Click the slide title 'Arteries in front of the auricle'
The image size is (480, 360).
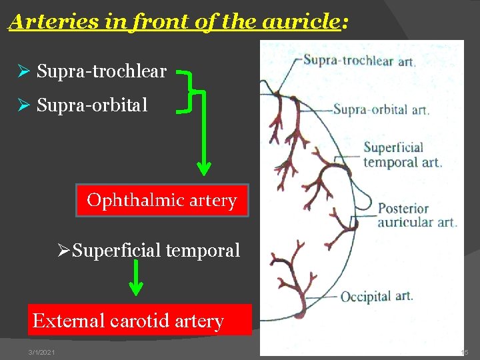(177, 22)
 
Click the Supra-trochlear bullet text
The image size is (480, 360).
(101, 71)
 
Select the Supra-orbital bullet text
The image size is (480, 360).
(92, 105)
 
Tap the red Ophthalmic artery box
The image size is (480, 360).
(162, 200)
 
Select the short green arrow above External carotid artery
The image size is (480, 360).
(135, 277)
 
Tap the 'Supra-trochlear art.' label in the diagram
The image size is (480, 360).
(359, 61)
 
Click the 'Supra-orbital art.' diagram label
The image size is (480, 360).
(381, 109)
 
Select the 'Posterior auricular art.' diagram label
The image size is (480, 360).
(417, 215)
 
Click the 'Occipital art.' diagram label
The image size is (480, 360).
(376, 296)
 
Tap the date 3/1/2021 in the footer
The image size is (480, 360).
(41, 352)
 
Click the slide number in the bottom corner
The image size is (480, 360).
(464, 352)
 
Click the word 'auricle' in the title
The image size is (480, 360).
(301, 22)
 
